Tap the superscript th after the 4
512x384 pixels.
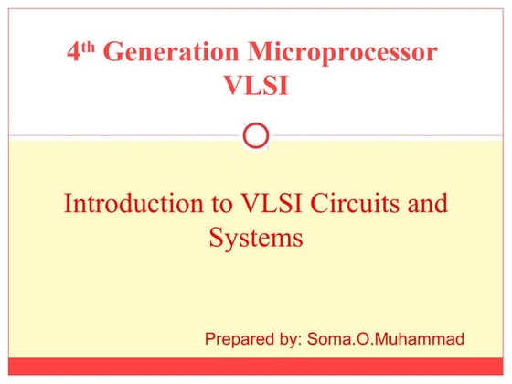[90, 47]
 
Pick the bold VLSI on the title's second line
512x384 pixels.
[257, 86]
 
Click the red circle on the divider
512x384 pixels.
[257, 136]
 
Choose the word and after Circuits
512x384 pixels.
[427, 203]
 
